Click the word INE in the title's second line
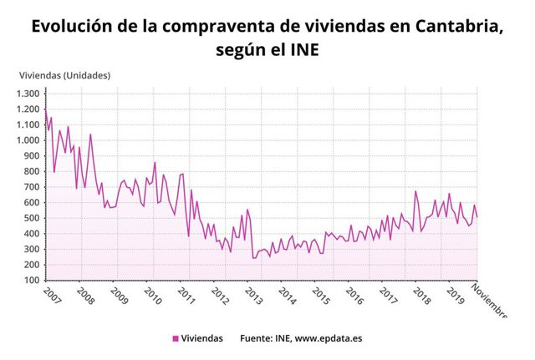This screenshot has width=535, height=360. tap(303, 52)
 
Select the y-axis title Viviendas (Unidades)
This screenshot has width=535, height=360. tap(65, 76)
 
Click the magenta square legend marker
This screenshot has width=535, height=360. tap(176, 338)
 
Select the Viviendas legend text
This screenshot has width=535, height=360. tap(202, 338)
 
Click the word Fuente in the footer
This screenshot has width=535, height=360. tap(257, 338)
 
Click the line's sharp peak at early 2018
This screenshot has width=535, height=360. tap(415, 191)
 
